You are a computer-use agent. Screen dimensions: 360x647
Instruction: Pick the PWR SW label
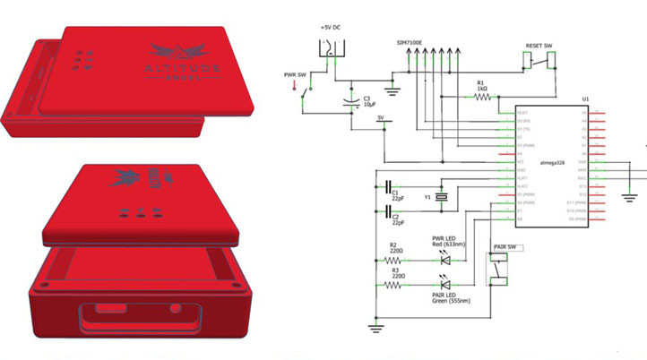point(294,74)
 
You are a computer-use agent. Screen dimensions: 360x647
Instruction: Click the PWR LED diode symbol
point(445,256)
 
